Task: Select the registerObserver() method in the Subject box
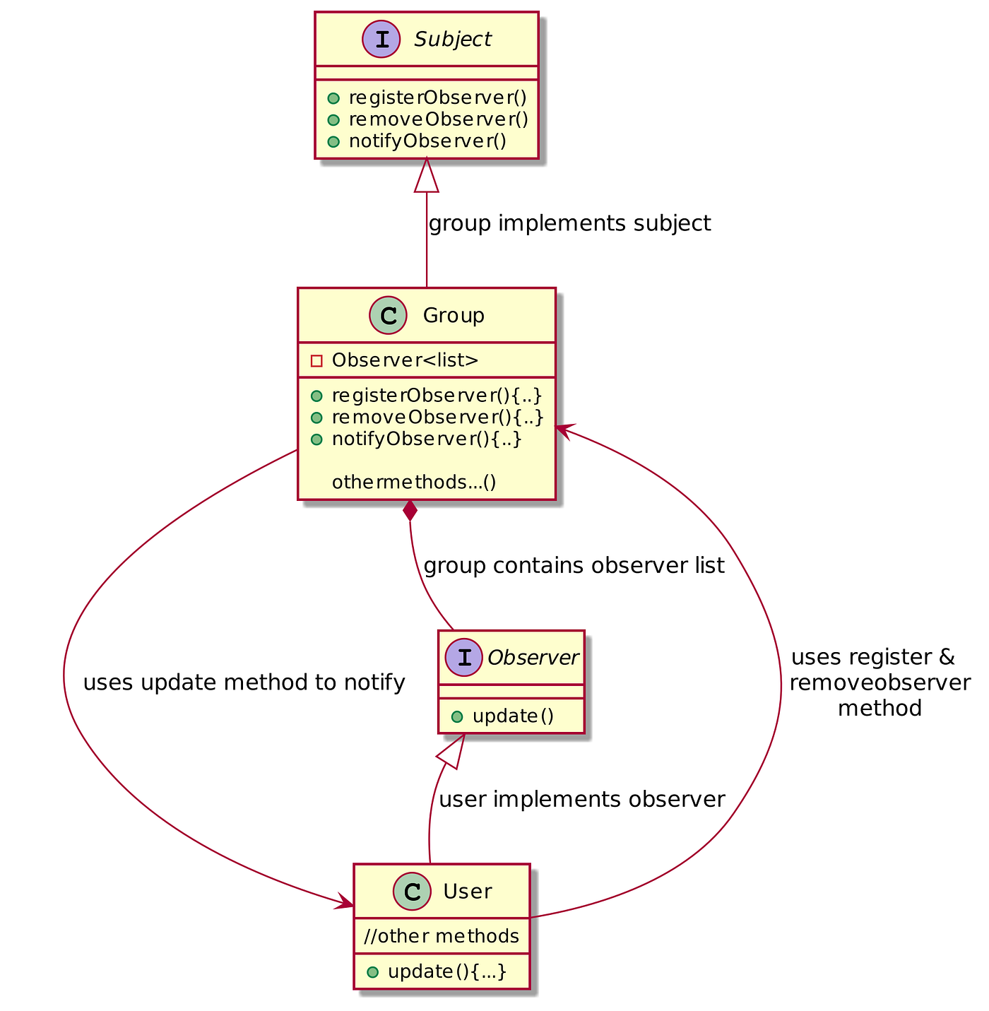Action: pos(438,97)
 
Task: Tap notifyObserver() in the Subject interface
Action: pos(427,141)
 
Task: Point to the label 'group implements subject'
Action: pos(569,224)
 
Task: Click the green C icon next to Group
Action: pos(388,315)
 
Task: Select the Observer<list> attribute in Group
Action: pos(405,360)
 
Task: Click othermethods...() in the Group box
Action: pos(413,482)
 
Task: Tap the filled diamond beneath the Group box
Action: pos(410,510)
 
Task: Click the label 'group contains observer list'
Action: pos(574,566)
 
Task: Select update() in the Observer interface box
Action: pos(513,716)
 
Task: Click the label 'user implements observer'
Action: pos(581,800)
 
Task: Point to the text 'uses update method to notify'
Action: pos(244,683)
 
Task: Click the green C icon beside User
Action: pos(411,891)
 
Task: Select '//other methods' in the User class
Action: pos(442,936)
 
